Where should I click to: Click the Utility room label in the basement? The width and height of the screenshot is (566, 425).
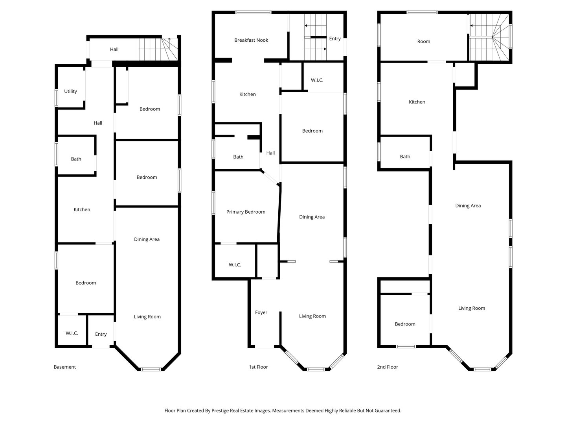(x=70, y=91)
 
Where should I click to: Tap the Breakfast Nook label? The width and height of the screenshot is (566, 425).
(x=251, y=40)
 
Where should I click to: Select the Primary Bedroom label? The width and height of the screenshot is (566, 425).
(x=246, y=212)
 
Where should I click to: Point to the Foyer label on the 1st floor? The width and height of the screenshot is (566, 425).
(x=261, y=312)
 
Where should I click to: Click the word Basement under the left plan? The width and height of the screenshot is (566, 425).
(x=65, y=367)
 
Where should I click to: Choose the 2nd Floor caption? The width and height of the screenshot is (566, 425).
(x=388, y=367)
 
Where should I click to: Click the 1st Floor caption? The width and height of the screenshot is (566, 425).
(x=258, y=367)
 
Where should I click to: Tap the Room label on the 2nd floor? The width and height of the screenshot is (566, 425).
(x=424, y=41)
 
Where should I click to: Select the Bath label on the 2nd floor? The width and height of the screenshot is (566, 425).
(x=405, y=157)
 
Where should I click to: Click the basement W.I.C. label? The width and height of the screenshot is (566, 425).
(x=72, y=333)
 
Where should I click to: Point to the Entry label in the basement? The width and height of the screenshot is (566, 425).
(x=101, y=334)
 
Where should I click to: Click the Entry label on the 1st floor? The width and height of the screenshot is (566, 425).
(x=335, y=39)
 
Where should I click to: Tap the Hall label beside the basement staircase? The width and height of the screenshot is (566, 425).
(x=114, y=49)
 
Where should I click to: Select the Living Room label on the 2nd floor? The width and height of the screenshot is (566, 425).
(x=472, y=309)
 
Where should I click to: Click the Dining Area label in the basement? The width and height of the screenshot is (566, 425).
(x=147, y=240)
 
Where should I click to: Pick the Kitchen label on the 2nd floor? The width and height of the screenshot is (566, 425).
(x=417, y=102)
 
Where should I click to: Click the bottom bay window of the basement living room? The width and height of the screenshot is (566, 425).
(x=151, y=369)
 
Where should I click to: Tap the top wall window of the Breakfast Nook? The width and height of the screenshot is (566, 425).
(x=253, y=12)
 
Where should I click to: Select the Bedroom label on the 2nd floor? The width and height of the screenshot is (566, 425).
(x=405, y=324)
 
